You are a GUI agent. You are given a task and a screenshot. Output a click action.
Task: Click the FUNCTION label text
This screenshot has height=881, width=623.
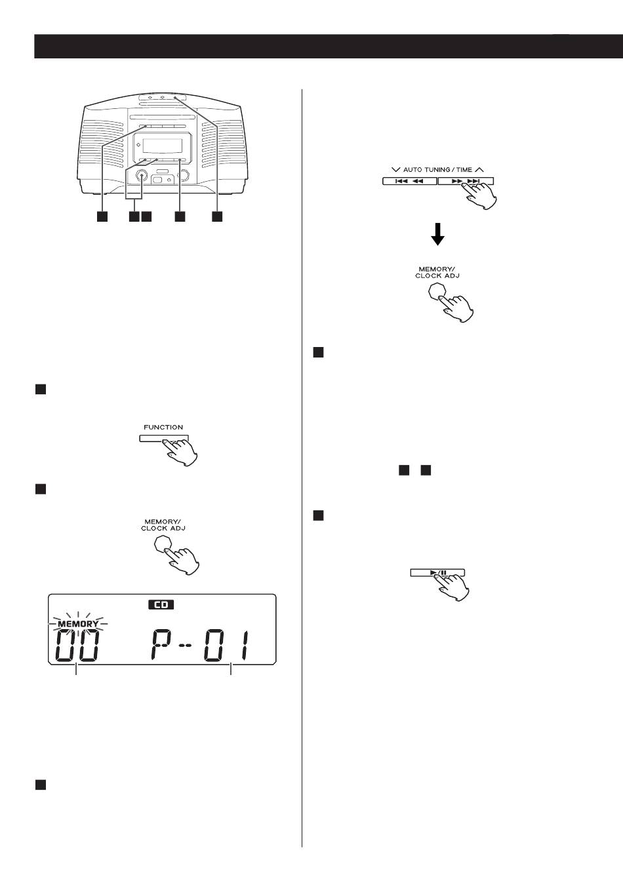coord(163,427)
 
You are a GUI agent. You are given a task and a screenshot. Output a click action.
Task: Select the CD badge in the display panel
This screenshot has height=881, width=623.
coord(161,605)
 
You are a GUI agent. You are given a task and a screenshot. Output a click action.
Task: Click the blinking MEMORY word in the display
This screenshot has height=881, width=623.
coord(78,624)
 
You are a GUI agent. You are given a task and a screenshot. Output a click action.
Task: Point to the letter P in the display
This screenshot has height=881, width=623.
coord(161,645)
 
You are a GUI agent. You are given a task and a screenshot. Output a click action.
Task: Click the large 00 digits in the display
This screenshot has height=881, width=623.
coord(76,645)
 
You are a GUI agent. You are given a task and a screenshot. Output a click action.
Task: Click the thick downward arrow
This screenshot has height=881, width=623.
coord(437,234)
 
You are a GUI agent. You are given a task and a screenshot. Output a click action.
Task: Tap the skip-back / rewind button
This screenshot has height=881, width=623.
coord(410,181)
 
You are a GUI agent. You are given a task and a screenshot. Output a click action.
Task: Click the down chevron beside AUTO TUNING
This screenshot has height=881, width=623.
coord(396,169)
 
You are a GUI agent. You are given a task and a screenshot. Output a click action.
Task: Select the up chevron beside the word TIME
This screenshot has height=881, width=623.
coord(479,169)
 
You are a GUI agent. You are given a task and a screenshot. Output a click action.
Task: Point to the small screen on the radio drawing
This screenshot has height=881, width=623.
coord(163,146)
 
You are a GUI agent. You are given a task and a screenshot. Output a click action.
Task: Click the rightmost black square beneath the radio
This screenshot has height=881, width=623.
coord(217,216)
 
